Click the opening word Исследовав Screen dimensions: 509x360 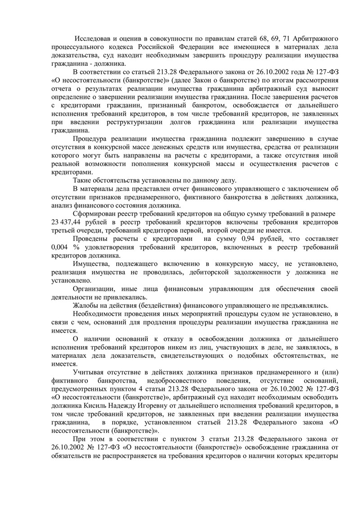pyautogui.click(x=93, y=37)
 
